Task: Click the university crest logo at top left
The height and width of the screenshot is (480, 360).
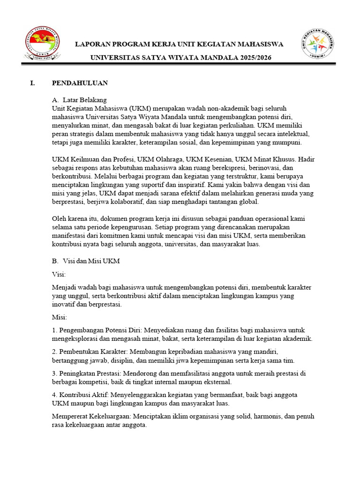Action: pos(43,46)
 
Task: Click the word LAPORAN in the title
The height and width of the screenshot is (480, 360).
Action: pos(94,45)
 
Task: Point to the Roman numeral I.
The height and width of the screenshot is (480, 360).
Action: pos(32,83)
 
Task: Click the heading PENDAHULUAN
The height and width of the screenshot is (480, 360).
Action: pos(80,83)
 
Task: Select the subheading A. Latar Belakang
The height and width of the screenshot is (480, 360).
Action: pos(79,100)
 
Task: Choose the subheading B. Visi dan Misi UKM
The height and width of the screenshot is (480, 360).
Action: pos(86,261)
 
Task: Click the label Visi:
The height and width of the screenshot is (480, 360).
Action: pos(59,274)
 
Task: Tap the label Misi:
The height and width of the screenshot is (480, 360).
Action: pos(60,317)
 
